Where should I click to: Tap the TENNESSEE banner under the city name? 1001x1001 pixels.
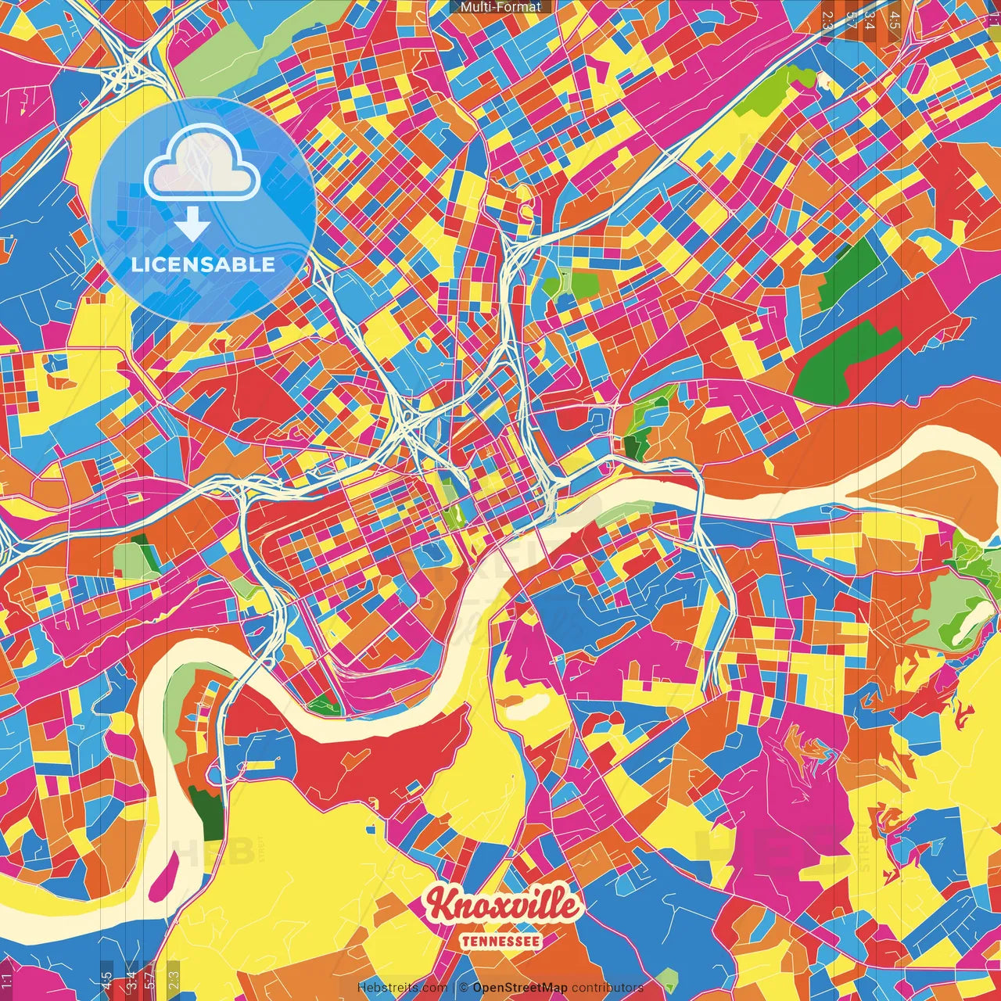[500, 942]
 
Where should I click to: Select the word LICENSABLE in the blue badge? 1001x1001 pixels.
[203, 264]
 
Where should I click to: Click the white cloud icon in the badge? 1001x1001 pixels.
[203, 166]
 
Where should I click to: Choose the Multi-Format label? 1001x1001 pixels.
[500, 7]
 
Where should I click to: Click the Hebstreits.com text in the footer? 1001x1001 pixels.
[402, 988]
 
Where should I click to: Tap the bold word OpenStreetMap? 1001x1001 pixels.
[519, 988]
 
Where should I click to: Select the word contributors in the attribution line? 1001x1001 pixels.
[607, 988]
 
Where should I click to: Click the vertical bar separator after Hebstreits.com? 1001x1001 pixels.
[454, 988]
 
